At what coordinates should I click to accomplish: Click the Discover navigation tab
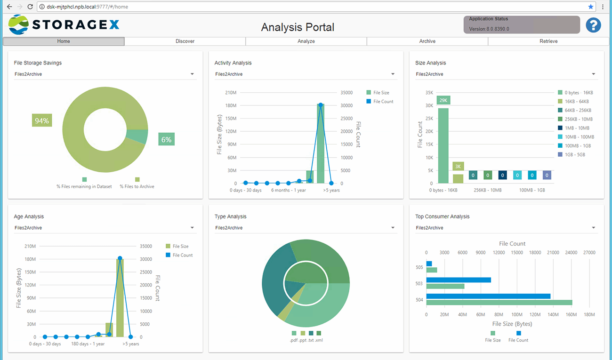coord(185,41)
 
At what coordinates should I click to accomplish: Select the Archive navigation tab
coord(427,41)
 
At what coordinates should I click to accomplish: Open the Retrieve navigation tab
coord(548,41)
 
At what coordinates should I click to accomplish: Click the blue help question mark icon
coord(593,25)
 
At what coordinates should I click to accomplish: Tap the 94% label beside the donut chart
coord(42,121)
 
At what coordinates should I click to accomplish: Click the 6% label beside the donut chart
coord(166,139)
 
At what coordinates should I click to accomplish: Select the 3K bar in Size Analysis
coord(458,178)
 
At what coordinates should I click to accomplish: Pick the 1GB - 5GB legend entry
coord(575,155)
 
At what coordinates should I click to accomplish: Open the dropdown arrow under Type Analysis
coord(393,228)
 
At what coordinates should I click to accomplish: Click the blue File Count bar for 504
coord(488,296)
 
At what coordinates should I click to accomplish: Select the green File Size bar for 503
coord(445,286)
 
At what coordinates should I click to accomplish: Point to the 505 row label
coord(419,267)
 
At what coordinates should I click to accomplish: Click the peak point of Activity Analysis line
coord(321,105)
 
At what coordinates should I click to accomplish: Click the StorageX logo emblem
coord(18,25)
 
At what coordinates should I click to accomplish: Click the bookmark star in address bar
coord(591,7)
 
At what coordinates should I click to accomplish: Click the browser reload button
coord(30,7)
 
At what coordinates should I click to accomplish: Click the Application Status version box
coord(521,24)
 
